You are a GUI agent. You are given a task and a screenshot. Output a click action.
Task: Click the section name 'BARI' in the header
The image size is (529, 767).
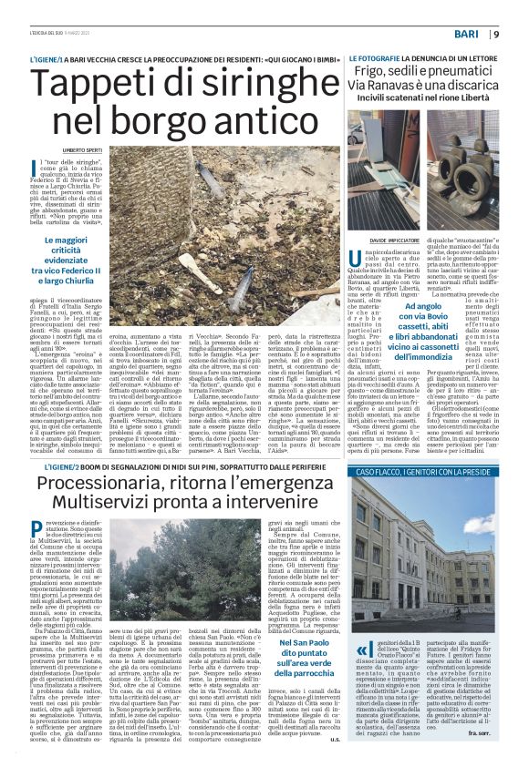pos(468,35)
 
